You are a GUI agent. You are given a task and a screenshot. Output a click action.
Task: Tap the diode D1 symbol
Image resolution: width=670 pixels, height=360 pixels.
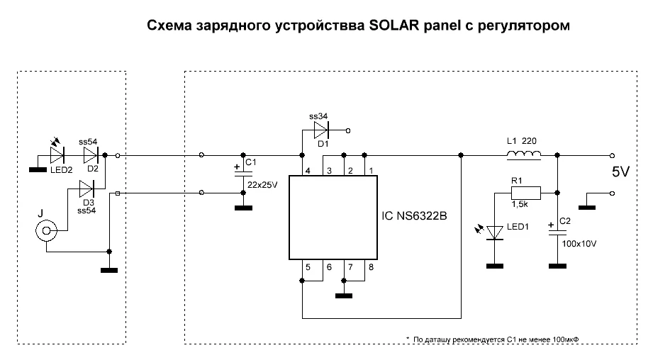322,131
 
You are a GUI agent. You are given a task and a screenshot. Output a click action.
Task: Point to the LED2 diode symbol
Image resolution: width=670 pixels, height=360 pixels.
57,154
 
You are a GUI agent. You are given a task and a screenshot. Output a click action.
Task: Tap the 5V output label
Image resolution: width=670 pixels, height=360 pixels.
620,172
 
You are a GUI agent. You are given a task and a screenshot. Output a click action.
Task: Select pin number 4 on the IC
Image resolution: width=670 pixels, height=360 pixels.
307,171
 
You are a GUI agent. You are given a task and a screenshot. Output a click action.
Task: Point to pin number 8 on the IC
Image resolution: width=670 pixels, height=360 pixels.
369,267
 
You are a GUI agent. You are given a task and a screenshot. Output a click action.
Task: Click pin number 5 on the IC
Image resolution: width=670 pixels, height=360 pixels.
307,267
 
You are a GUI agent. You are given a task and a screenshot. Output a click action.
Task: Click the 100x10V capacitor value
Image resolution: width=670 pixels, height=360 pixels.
579,243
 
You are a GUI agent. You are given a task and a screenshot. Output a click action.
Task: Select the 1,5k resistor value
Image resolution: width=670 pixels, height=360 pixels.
520,204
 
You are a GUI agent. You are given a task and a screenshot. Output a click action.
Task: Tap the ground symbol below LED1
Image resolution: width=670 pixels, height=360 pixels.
494,266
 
